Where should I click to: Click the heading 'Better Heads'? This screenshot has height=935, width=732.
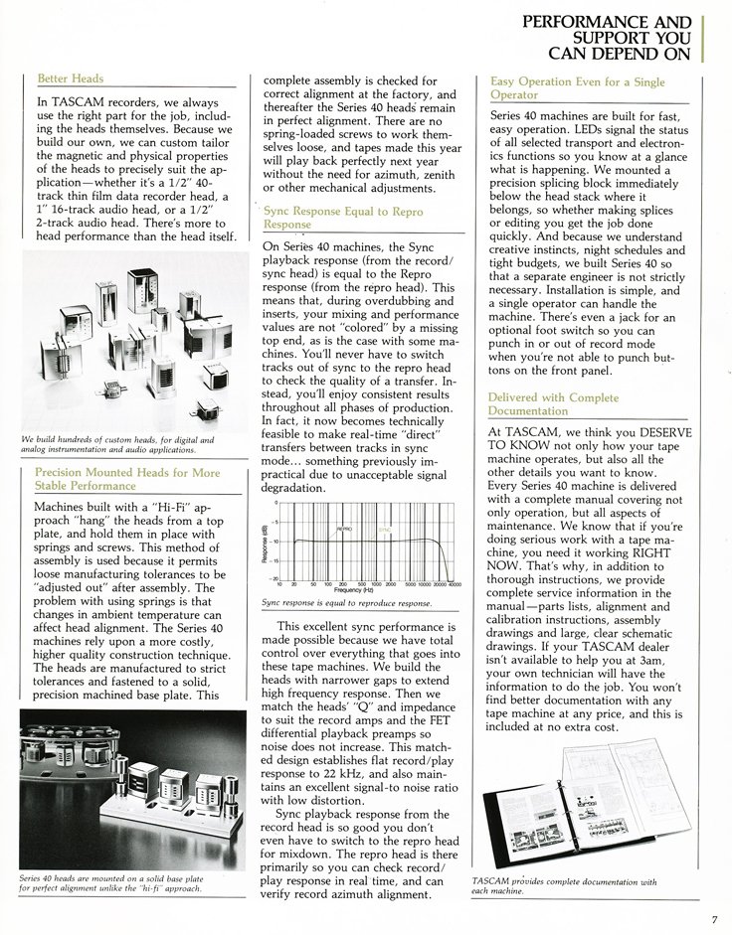pos(70,78)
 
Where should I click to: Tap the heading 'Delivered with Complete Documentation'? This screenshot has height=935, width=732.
pos(554,403)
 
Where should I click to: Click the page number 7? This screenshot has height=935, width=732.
pos(713,918)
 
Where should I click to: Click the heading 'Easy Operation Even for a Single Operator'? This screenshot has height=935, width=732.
pos(577,88)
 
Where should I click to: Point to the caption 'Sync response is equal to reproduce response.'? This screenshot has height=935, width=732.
pos(346,603)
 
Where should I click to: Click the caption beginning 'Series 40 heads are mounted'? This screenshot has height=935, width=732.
pos(110,882)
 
